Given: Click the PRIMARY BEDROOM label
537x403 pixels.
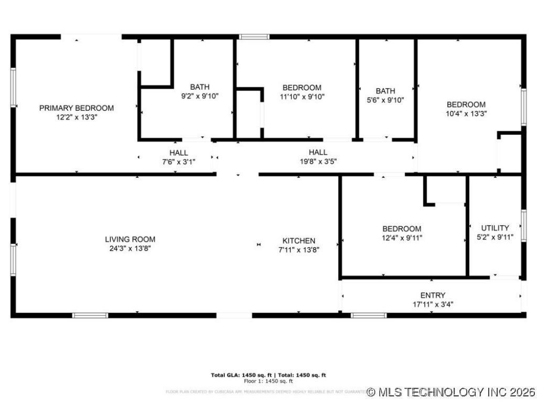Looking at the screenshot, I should coord(77,108).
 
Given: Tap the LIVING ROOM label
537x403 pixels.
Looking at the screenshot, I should coord(130,239).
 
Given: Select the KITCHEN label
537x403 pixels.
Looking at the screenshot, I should coord(297,241).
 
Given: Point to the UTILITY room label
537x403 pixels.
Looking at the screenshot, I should coord(495,228).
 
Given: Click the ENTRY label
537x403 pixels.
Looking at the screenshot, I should coord(433,295).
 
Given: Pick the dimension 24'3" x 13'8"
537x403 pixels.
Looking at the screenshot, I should coord(130,249).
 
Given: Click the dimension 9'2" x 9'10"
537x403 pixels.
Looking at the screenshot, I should coord(199,96).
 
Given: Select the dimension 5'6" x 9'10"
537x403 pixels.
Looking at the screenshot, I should coord(385,100).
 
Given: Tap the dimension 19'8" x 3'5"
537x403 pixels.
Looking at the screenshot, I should coord(318,162).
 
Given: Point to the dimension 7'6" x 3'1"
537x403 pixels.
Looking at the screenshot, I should coord(178,162).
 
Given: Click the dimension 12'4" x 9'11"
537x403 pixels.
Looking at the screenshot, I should coord(402,238).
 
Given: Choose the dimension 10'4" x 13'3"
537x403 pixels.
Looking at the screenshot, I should coord(466,113).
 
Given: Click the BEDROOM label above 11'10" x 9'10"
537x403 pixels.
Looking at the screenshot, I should coord(302,88).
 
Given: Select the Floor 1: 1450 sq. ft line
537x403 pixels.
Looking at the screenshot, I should coord(268,381).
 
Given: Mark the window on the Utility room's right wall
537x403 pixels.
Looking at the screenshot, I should coord(523,226).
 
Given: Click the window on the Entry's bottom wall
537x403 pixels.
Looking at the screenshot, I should coord(369,315).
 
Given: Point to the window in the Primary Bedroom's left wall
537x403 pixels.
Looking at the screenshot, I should coord(13,87).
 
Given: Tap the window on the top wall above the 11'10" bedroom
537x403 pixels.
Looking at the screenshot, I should coord(254,37).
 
